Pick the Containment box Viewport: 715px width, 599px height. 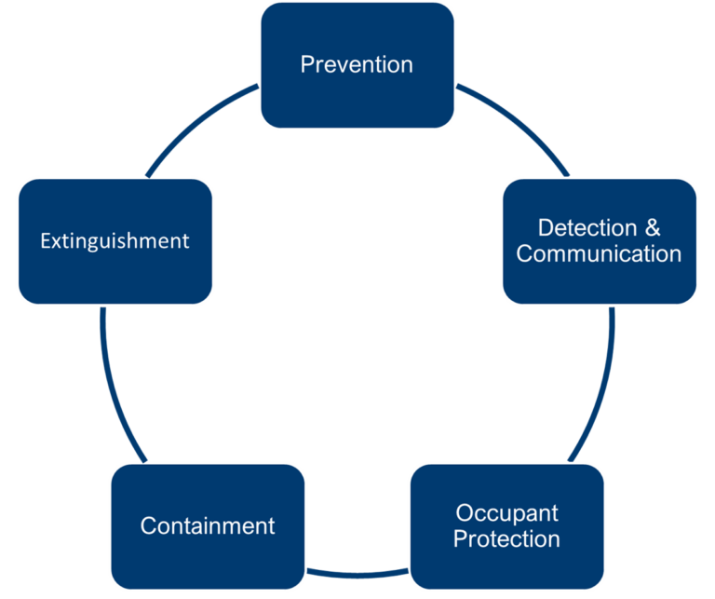(x=208, y=559)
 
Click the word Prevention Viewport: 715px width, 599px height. (x=357, y=64)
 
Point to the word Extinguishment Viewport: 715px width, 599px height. (x=115, y=240)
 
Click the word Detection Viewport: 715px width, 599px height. (x=587, y=228)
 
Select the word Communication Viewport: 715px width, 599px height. (x=599, y=253)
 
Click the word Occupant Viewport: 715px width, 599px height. (x=507, y=512)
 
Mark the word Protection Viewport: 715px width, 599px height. (x=507, y=538)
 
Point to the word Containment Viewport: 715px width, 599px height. (x=208, y=525)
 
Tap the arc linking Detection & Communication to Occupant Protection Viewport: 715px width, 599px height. (x=600, y=391)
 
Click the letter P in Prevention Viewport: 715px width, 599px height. (x=306, y=64)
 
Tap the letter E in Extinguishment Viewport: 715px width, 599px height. (x=45, y=240)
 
